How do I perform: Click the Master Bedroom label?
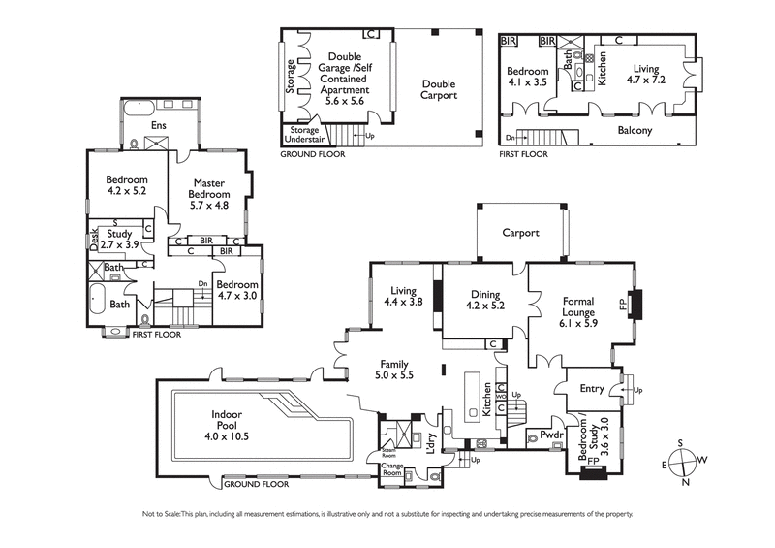pyautogui.click(x=209, y=194)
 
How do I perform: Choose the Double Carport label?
pyautogui.click(x=438, y=90)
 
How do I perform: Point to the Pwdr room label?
pyautogui.click(x=551, y=436)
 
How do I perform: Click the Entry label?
pyautogui.click(x=591, y=389)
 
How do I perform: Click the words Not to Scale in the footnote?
pyautogui.click(x=161, y=513)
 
